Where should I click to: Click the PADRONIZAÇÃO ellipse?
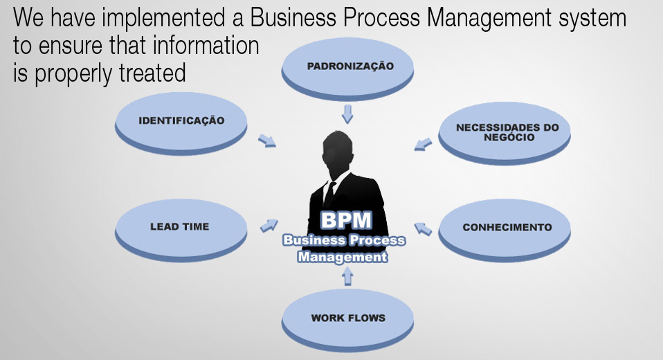pyautogui.click(x=347, y=67)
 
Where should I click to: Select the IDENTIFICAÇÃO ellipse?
pyautogui.click(x=181, y=120)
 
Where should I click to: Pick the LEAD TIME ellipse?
pyautogui.click(x=180, y=227)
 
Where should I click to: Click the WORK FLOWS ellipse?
pyautogui.click(x=347, y=318)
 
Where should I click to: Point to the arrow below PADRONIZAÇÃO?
pyautogui.click(x=347, y=113)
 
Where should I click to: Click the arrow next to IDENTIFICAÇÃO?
pyautogui.click(x=266, y=141)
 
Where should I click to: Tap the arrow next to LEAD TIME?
pyautogui.click(x=269, y=225)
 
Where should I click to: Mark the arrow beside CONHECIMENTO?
pyautogui.click(x=423, y=228)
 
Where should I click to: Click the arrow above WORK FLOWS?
pyautogui.click(x=347, y=277)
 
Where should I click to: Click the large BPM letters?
pyautogui.click(x=345, y=221)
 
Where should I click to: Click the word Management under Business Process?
pyautogui.click(x=343, y=257)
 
